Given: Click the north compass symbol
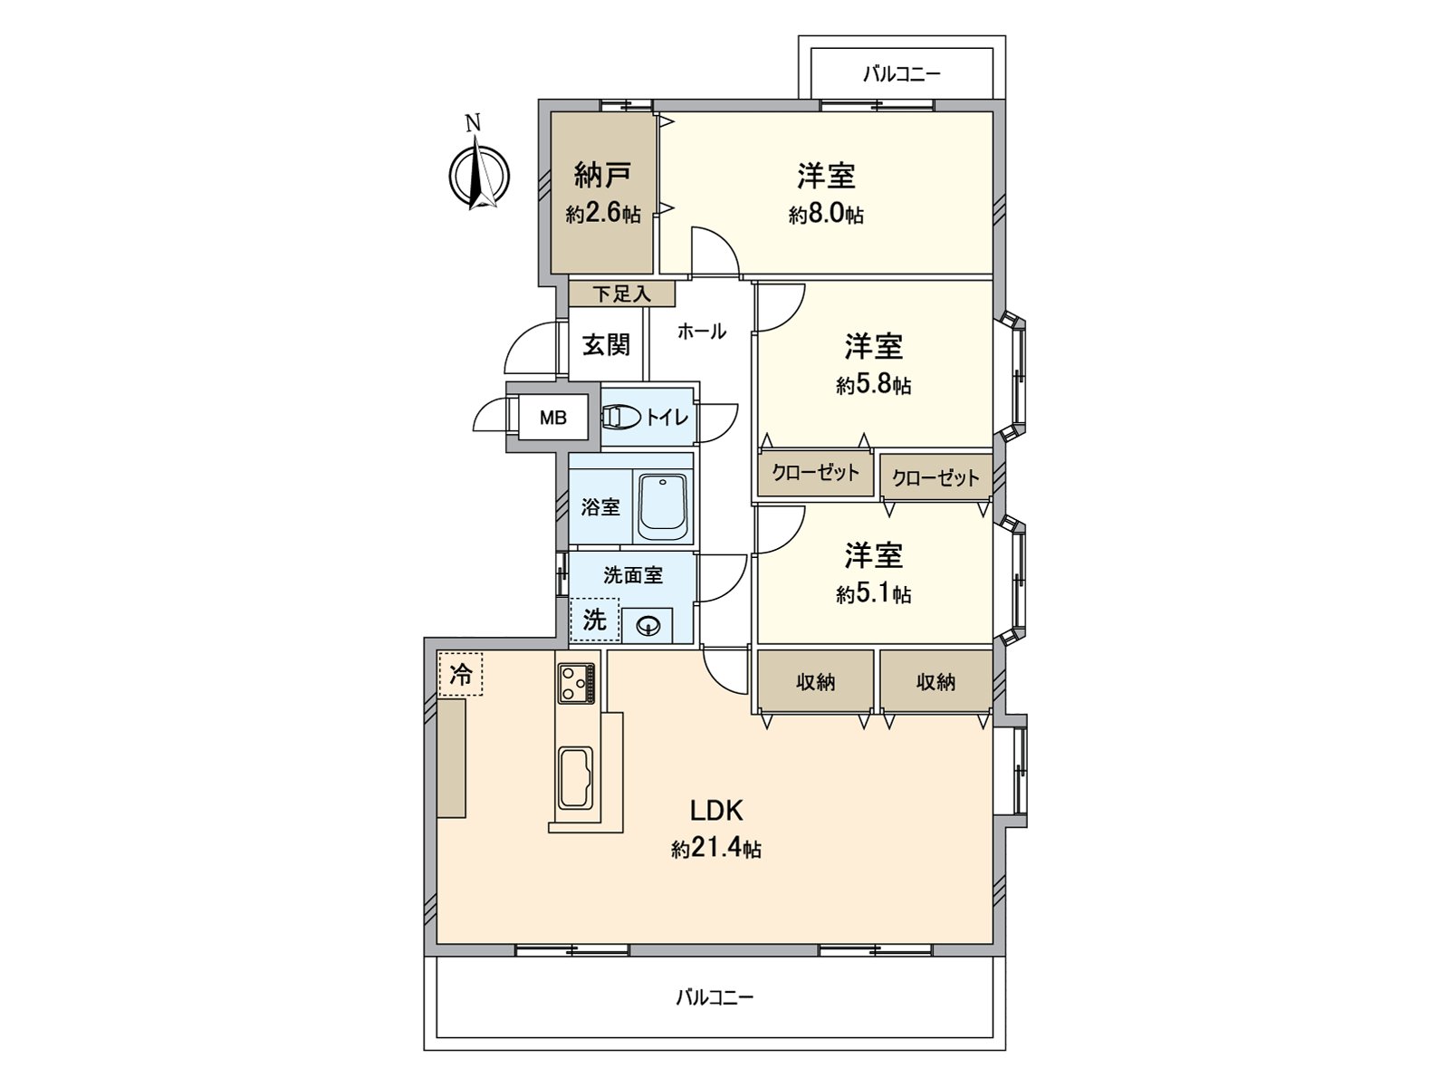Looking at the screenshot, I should point(479,172).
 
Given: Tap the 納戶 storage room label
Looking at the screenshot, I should point(602,173).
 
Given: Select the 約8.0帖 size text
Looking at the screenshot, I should point(825,215).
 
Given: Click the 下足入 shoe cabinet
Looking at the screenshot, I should point(622,293).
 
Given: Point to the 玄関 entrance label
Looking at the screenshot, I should point(605,344).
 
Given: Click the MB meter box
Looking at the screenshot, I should point(552,418).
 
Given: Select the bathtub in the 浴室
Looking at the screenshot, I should point(664,506).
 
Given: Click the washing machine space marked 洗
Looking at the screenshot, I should point(594,620).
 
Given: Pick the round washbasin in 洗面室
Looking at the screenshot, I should point(648,625).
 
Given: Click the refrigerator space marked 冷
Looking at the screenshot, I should point(461,674).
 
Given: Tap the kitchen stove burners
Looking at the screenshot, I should point(575,683).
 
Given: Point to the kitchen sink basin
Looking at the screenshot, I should point(575,776).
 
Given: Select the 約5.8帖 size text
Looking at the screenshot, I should point(873,386).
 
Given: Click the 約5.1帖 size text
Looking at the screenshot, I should point(873,594).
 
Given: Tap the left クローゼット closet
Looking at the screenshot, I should point(815,473).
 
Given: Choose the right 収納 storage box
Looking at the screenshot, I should point(936,681).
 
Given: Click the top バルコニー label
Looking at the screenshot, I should point(901,74).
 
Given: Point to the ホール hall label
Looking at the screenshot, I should point(701,332).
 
